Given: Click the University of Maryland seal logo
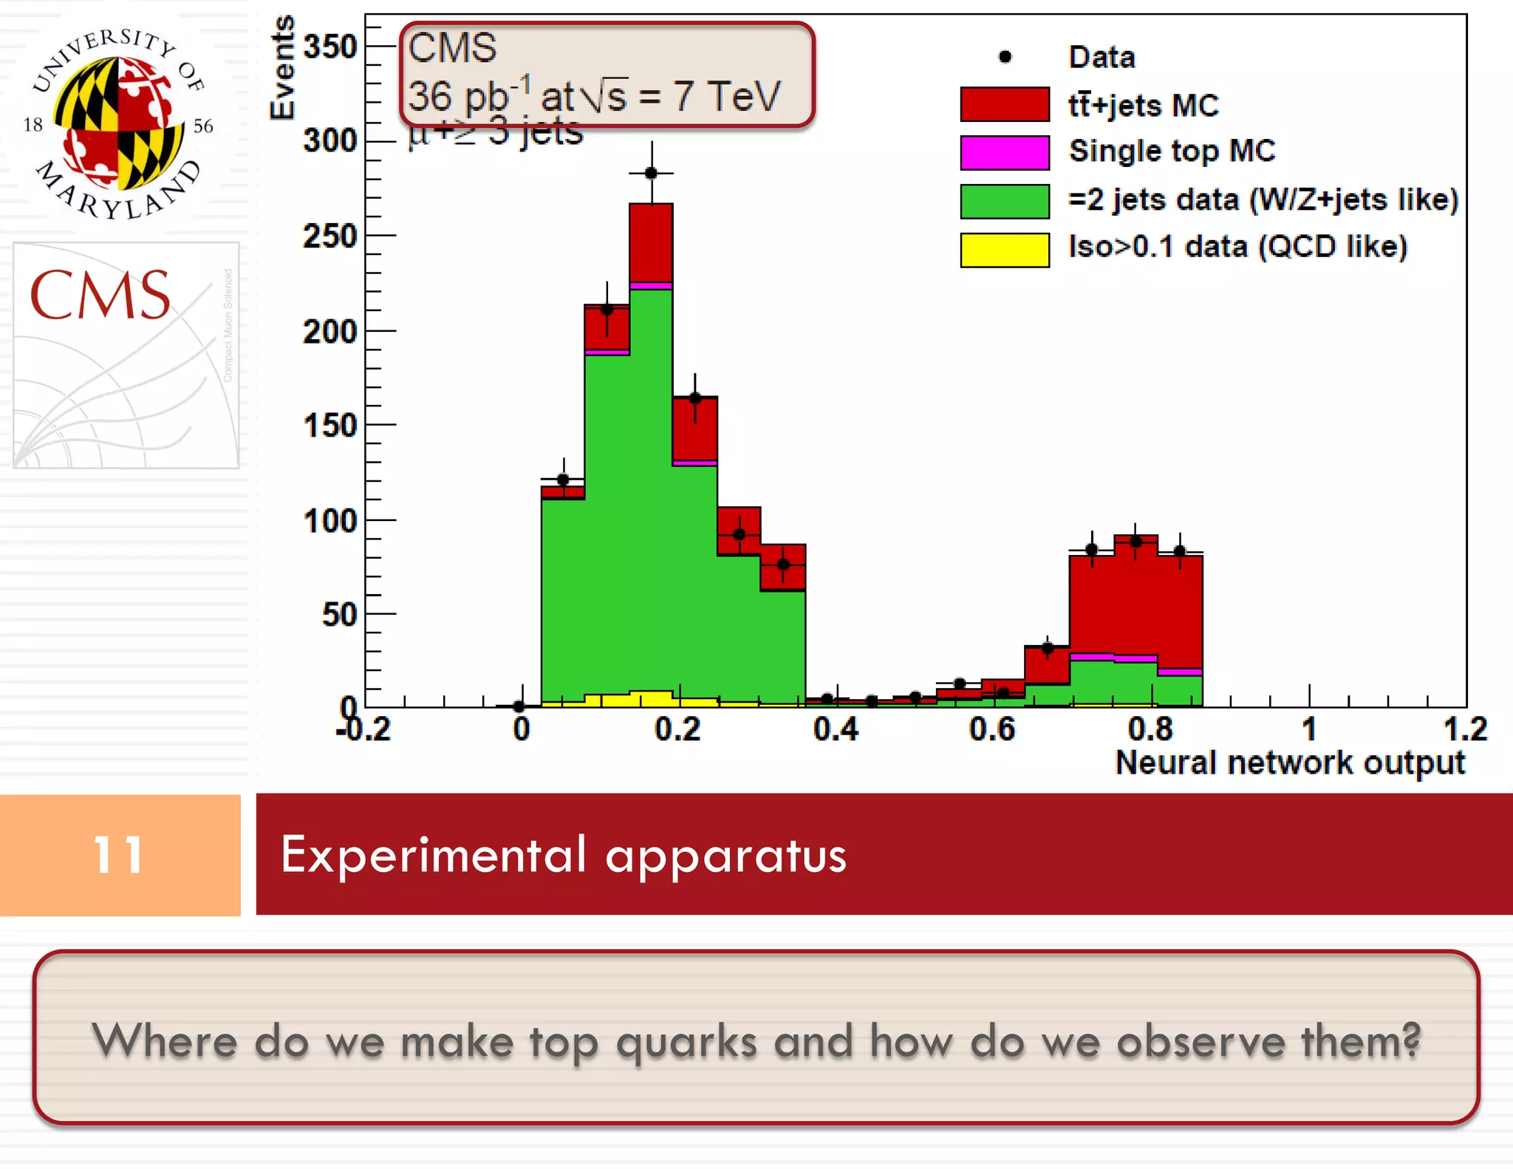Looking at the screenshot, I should coord(118,123).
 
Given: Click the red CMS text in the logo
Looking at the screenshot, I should coord(100,296).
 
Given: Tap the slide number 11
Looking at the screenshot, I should coord(118,855).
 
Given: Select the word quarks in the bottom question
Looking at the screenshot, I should coord(686,1042).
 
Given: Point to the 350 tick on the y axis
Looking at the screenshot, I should coord(330,47).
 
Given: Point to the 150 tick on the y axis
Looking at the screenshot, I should coord(330,426).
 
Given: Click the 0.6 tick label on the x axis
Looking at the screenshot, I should coord(991,729).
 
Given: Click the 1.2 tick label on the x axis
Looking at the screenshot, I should coord(1464,729).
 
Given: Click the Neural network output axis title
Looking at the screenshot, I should coord(1289,763).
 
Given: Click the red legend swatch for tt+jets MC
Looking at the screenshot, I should coord(1004,104).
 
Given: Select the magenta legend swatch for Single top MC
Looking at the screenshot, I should coord(1004,152).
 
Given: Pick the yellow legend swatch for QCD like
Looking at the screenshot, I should coord(1004,249).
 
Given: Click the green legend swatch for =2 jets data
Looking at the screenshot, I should coord(1004,201).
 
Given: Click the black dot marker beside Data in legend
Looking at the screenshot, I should coord(1005,57).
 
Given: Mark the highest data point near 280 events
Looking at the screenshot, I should coord(651,173).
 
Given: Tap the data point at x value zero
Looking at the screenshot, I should coord(519,706).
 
